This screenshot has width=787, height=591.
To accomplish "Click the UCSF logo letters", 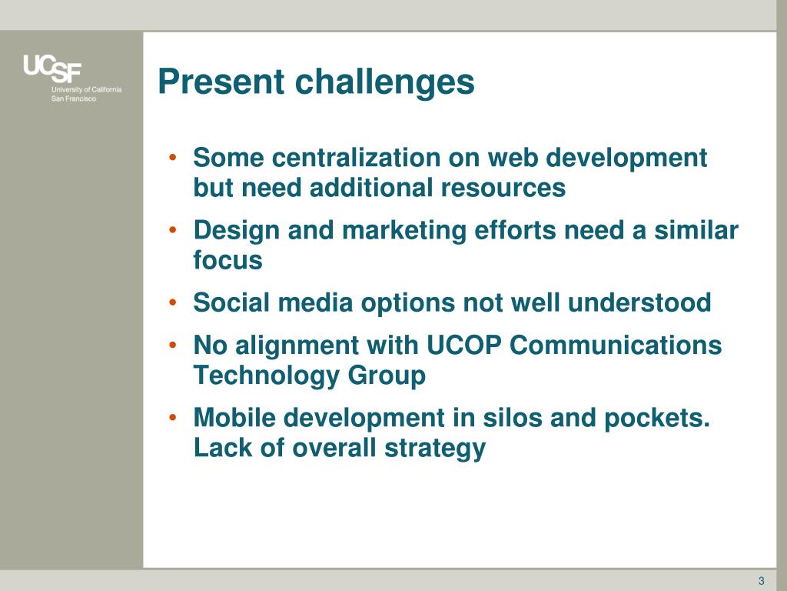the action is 51,68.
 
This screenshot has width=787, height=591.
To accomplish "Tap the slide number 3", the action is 762,580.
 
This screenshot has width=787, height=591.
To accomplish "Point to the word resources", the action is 503,189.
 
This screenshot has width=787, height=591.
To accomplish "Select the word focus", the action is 227,260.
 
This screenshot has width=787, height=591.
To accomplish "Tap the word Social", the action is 231,302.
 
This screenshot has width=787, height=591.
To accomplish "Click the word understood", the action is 639,302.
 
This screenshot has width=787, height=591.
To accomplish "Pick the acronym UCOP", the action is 463,346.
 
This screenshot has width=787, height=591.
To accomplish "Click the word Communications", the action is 616,346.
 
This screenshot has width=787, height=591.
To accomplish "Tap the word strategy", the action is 435,449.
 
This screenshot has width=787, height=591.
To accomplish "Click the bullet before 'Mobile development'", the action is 173,417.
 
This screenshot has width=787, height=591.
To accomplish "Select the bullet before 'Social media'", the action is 173,302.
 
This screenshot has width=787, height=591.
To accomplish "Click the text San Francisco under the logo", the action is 73,98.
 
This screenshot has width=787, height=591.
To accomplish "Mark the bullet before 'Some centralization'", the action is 173,157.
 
